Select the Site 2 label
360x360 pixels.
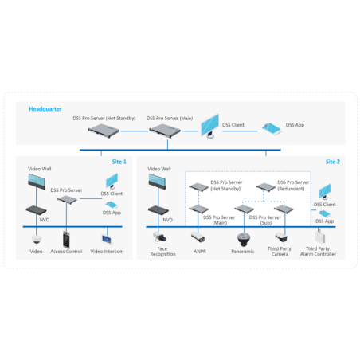coord(332,162)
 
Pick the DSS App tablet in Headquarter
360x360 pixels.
coord(272,127)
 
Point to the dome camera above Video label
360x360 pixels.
coord(37,238)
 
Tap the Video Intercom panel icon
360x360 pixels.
coord(106,238)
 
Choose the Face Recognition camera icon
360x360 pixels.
coord(162,237)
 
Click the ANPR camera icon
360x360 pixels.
coord(198,237)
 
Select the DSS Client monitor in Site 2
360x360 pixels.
coord(323,193)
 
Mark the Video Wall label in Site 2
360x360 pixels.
coord(159,169)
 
